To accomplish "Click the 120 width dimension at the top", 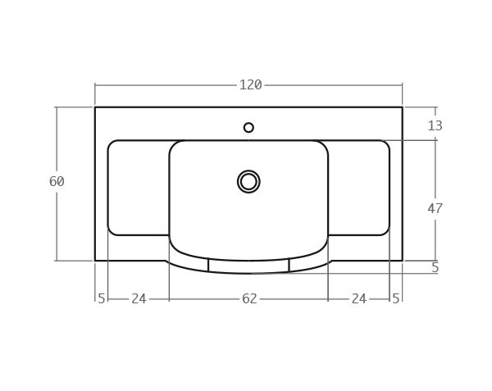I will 250,85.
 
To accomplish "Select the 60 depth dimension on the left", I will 57,182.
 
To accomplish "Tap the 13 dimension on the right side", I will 435,125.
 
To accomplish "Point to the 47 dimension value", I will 435,209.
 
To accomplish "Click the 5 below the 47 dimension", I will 435,268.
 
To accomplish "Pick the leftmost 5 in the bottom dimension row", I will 102,299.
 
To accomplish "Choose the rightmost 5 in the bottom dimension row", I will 396,299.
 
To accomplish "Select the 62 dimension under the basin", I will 249,299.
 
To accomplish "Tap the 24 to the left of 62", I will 139,299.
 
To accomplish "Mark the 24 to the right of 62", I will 358,299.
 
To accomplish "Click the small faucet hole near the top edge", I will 248,127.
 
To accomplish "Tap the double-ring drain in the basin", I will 248,181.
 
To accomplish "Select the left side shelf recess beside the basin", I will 138,188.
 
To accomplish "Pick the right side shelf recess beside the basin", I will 359,188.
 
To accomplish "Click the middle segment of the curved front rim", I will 248,267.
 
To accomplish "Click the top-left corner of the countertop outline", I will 95,107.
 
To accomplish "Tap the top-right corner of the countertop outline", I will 402,107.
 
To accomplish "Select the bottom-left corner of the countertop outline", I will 95,261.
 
